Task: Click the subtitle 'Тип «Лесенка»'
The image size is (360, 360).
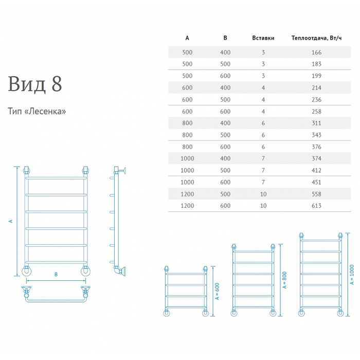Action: [x=37, y=111]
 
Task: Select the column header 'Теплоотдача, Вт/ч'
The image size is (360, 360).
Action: [x=316, y=38]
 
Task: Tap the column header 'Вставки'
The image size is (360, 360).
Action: [x=263, y=38]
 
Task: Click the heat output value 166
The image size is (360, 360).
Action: [x=316, y=52]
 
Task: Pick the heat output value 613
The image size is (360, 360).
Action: [x=316, y=206]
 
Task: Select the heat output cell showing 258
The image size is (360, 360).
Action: [x=316, y=112]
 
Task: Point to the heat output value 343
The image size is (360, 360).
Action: [x=316, y=135]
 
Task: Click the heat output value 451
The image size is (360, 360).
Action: [x=316, y=182]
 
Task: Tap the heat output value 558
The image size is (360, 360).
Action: [x=316, y=194]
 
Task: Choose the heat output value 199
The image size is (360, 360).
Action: [x=316, y=76]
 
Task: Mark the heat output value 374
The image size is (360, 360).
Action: [x=316, y=158]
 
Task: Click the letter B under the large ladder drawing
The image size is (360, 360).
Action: [x=56, y=275]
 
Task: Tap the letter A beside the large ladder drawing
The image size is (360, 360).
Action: [x=10, y=221]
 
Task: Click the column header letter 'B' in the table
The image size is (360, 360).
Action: [x=225, y=38]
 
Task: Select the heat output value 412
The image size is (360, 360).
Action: [x=316, y=170]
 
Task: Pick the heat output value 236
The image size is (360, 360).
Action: [x=316, y=100]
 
